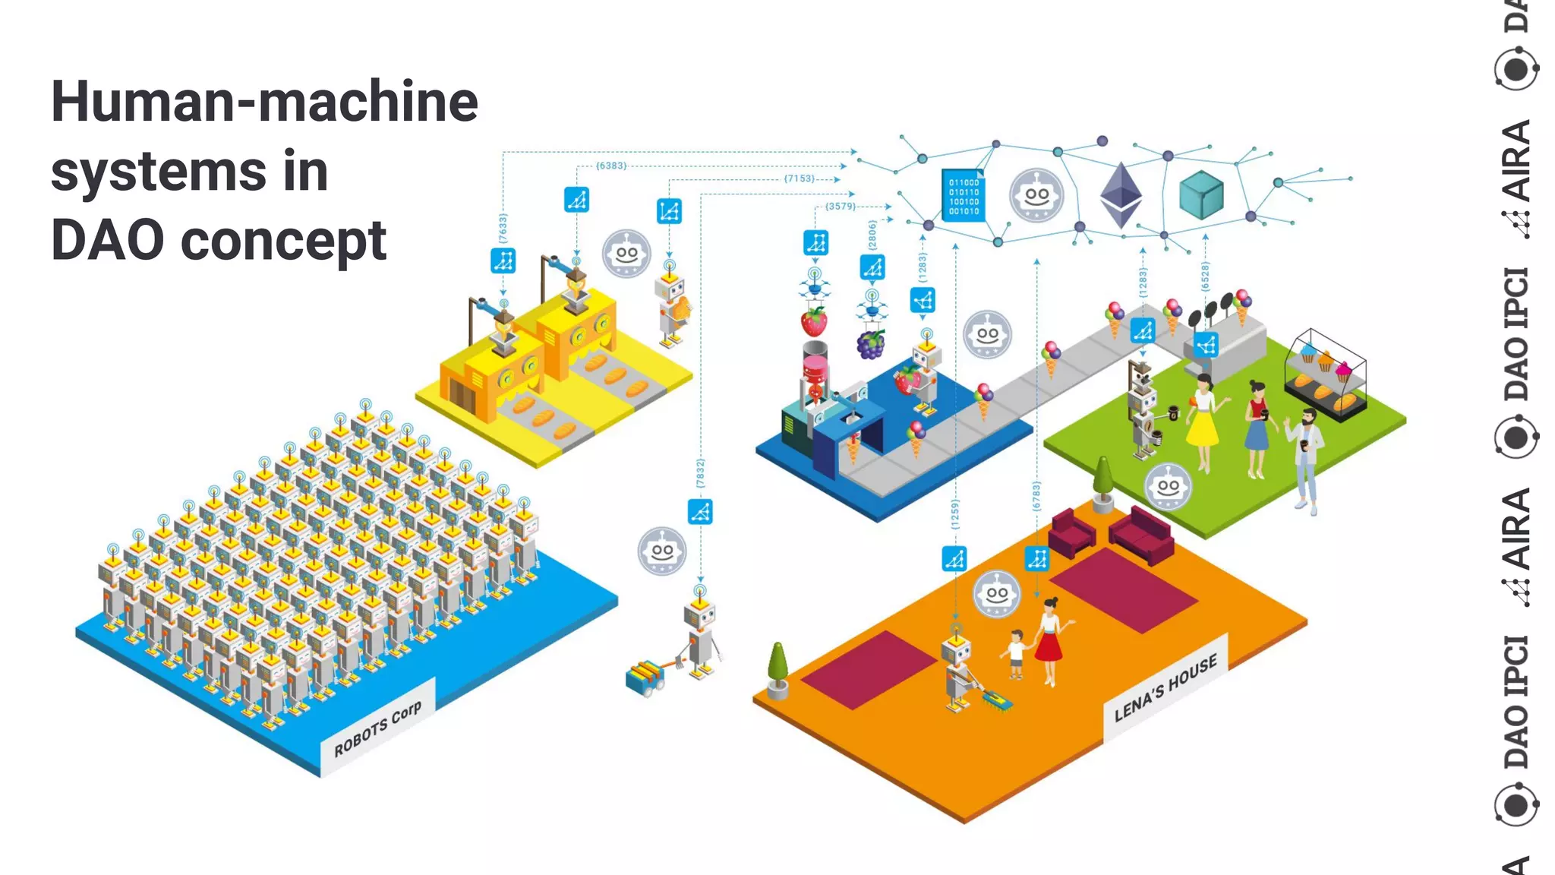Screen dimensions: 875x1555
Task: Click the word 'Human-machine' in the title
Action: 264,102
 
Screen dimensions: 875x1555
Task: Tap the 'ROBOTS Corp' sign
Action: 377,728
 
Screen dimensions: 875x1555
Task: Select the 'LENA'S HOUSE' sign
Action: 1165,687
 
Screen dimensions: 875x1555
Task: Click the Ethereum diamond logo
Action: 1121,194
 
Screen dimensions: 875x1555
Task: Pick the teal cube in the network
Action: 1201,194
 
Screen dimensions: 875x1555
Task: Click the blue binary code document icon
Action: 964,196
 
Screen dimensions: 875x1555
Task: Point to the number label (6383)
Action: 611,166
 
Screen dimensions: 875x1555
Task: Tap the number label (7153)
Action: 799,178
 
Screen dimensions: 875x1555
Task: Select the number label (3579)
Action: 841,207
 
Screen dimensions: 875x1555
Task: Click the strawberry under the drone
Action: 814,321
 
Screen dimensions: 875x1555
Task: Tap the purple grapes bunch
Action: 871,343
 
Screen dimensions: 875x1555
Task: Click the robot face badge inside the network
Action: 1036,195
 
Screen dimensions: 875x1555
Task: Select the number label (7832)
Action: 700,472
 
